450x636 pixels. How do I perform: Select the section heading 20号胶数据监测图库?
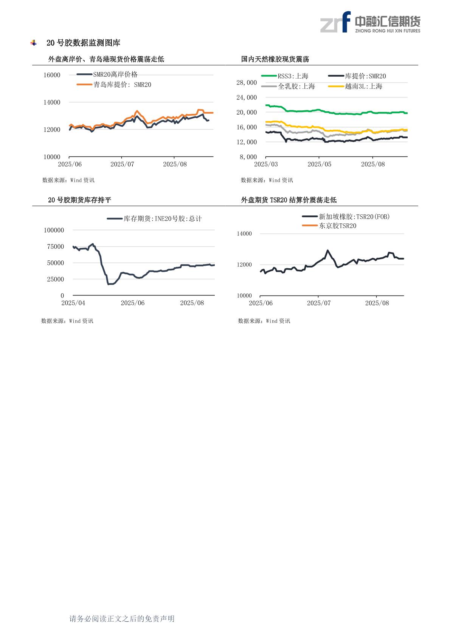[83, 43]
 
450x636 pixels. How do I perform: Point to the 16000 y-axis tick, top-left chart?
[52, 75]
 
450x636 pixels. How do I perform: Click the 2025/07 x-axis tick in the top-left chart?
[122, 164]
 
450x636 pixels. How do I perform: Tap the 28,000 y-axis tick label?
[247, 82]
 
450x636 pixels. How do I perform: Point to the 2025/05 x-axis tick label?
[319, 164]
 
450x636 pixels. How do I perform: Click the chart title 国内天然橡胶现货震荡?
[275, 59]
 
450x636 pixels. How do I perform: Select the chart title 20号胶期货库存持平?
[79, 200]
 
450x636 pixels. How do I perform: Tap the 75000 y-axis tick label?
[55, 247]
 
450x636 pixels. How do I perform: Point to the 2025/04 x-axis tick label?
[73, 303]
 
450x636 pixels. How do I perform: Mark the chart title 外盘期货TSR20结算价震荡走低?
[289, 200]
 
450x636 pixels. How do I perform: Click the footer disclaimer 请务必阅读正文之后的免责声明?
[122, 619]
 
